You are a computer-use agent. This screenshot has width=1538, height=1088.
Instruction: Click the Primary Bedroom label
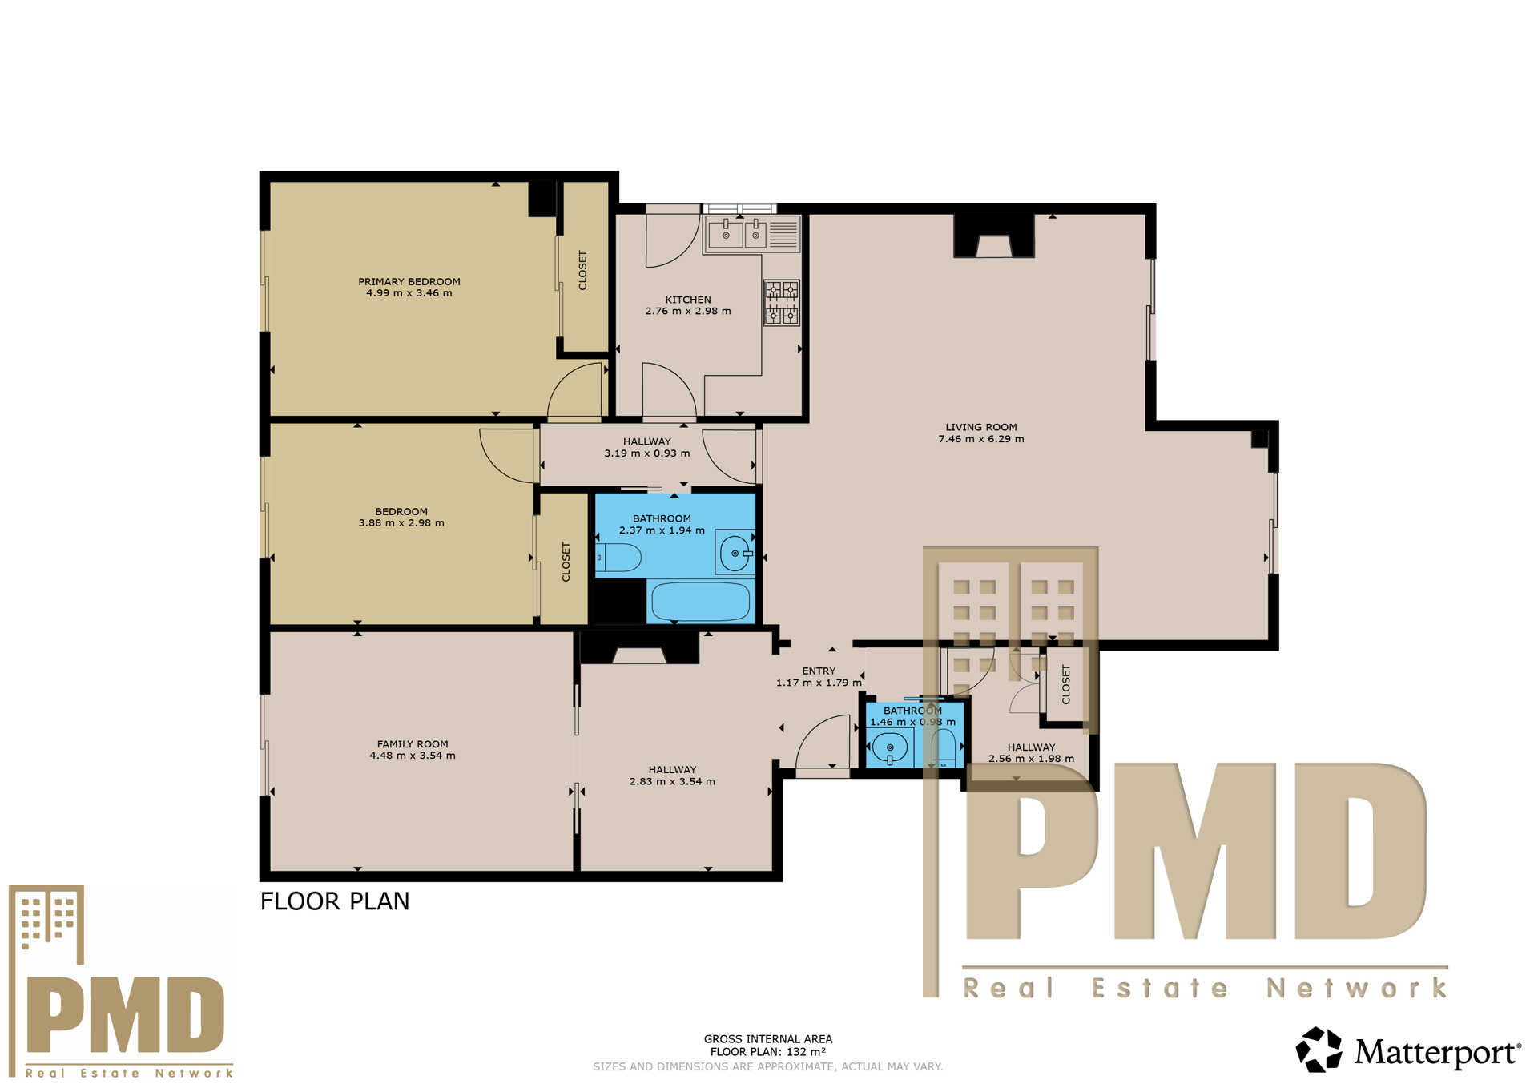pos(409,282)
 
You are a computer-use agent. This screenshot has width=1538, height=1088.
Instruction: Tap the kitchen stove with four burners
pos(781,302)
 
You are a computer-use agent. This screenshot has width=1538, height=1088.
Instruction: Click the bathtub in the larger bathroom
pos(700,601)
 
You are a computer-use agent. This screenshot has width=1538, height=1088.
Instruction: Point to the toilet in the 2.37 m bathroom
pos(619,557)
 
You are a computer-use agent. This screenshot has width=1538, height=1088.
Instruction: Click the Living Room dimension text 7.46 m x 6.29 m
pos(980,439)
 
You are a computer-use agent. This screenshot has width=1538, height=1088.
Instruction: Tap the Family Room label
pos(413,744)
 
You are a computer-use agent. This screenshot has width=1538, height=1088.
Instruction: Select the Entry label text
pos(819,671)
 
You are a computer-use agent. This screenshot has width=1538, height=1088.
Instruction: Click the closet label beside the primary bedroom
pos(582,270)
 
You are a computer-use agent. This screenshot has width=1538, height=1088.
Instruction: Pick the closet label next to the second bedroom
pos(566,562)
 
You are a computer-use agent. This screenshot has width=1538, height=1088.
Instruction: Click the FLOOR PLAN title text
pos(334,901)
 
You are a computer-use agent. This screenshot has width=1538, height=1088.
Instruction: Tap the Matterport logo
pos(1407,1050)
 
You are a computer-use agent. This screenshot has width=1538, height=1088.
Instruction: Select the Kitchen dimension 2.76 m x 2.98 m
pos(687,312)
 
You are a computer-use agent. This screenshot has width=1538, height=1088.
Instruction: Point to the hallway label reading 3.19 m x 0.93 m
pos(646,453)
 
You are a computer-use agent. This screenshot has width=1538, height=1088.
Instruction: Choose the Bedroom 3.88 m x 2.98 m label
pos(401,518)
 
